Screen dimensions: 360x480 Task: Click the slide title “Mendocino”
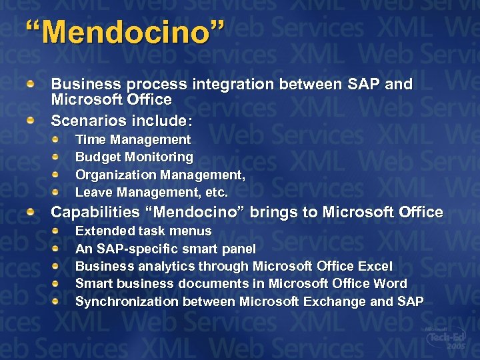[125, 33]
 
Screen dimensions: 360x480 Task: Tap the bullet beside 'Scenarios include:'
[31, 121]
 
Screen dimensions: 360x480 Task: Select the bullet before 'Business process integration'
[31, 85]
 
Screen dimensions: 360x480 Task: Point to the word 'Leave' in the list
[93, 193]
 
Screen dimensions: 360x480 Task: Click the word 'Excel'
[375, 266]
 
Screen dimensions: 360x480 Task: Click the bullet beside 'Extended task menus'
[57, 230]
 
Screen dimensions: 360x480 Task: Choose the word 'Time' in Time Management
[91, 140]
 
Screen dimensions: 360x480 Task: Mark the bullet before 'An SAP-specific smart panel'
[57, 248]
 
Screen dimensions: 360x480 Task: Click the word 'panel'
[239, 249]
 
